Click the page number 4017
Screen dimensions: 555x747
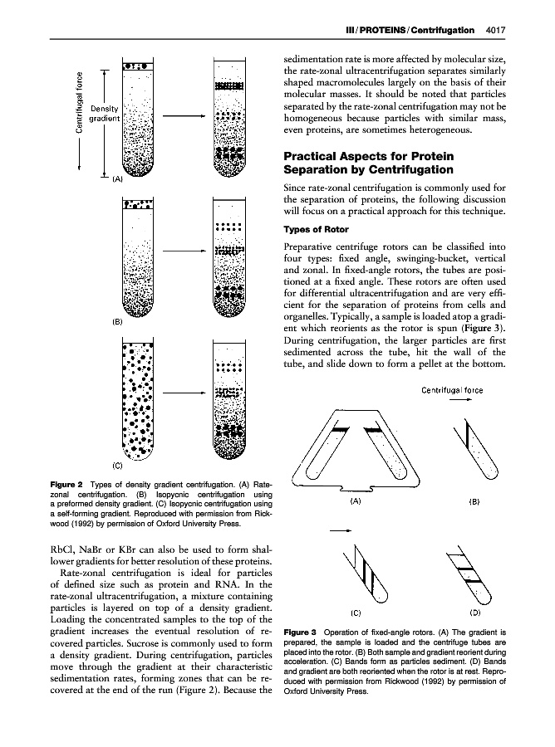tap(495, 30)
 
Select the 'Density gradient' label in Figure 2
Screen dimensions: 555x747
tap(105, 114)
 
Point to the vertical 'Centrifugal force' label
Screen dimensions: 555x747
tap(80, 102)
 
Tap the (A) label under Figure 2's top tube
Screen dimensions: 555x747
tap(118, 179)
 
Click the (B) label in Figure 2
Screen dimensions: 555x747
tap(117, 321)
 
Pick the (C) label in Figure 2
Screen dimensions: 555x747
tap(117, 466)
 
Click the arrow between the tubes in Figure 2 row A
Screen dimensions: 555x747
tap(184, 115)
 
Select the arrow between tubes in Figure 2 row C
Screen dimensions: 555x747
tap(184, 393)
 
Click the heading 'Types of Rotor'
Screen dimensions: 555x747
tap(316, 229)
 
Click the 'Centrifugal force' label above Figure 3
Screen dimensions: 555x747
tap(452, 390)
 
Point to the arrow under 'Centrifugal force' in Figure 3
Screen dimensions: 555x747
tap(461, 400)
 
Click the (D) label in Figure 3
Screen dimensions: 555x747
tap(475, 613)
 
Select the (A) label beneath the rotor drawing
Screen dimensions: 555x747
tap(356, 501)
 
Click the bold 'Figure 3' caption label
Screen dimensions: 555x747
tap(300, 632)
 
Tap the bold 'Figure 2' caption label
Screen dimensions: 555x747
tap(66, 485)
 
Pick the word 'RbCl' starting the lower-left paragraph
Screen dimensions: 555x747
tap(61, 549)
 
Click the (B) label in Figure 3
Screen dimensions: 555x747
tap(474, 501)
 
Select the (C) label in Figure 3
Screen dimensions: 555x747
tap(356, 613)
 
